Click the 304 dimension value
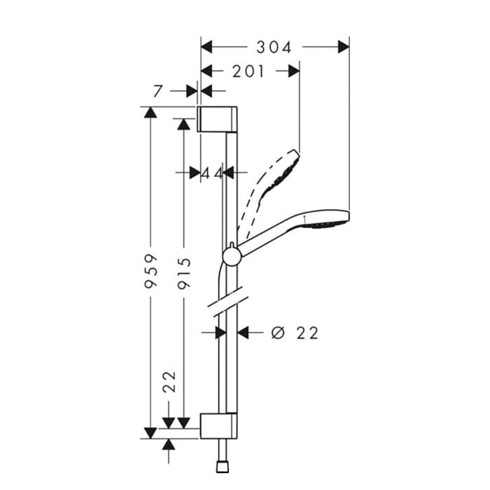click(x=274, y=48)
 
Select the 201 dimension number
click(x=248, y=71)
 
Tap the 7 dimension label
click(x=158, y=91)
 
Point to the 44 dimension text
click(x=212, y=173)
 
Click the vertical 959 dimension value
click(x=151, y=271)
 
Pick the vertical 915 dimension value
click(x=184, y=273)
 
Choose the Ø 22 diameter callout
click(x=295, y=332)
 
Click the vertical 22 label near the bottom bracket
click(x=170, y=381)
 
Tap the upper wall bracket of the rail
click(x=217, y=119)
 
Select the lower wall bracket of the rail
click(x=218, y=426)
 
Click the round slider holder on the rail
click(x=232, y=256)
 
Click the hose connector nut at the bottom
click(x=223, y=467)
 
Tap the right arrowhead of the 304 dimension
click(x=344, y=47)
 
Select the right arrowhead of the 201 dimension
click(x=294, y=71)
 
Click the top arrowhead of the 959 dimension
click(x=150, y=112)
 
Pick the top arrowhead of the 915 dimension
click(x=183, y=124)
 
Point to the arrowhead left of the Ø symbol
click(x=243, y=332)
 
